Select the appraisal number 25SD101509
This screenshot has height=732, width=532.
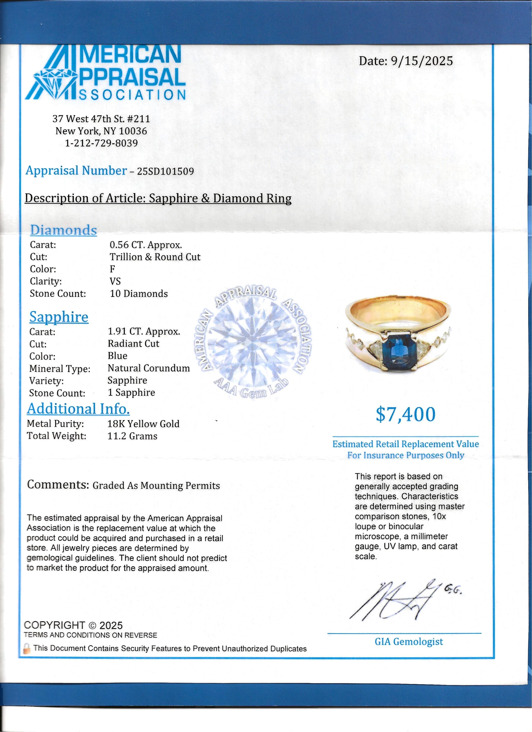(x=165, y=171)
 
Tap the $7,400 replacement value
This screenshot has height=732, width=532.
(x=406, y=414)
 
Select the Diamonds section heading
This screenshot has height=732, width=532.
(x=63, y=230)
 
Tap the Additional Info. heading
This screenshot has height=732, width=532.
(x=78, y=409)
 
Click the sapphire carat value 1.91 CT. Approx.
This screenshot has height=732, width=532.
(x=144, y=332)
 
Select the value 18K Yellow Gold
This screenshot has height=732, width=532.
(x=143, y=424)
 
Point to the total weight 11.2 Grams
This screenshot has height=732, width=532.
(x=132, y=436)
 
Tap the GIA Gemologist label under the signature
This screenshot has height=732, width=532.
(x=409, y=642)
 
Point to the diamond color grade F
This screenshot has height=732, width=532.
(x=113, y=269)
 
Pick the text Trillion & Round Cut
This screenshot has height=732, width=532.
(x=155, y=257)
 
